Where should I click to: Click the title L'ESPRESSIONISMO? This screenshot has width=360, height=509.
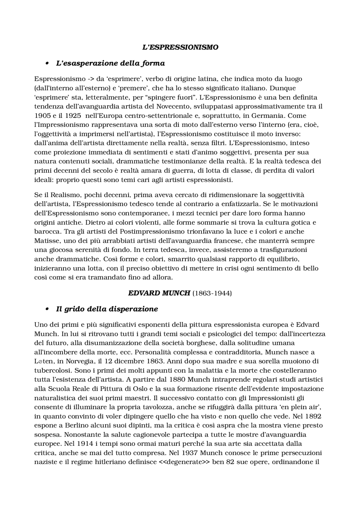pos(180,47)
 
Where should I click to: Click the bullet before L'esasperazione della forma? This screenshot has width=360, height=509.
pos(47,63)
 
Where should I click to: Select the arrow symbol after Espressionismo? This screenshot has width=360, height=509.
pos(91,79)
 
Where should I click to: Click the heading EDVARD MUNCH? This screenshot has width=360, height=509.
pos(159,293)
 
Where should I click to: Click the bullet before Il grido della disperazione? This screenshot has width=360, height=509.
pos(47,309)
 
